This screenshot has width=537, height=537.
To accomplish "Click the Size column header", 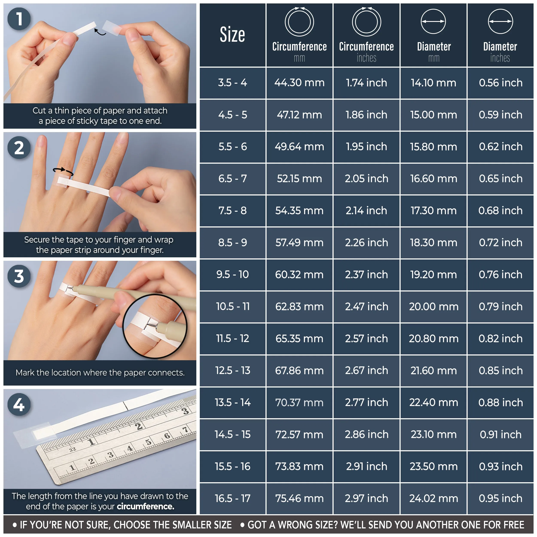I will point(232,35).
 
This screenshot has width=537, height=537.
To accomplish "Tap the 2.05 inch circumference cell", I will point(366,179).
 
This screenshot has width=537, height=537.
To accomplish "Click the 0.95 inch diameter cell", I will point(500,498).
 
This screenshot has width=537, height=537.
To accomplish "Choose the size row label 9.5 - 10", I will point(232,275).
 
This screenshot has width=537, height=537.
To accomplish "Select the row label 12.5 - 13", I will point(232,371).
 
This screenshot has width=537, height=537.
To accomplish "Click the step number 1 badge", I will point(19,19).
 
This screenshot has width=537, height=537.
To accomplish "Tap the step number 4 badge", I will point(19,405).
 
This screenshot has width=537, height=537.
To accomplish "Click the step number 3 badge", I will point(19,276).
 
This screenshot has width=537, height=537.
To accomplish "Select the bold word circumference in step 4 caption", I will point(145,507).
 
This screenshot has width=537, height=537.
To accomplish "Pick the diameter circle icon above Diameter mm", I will point(433,21).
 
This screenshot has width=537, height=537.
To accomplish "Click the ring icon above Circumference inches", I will point(366,22).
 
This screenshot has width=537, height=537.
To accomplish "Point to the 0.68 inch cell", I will point(500,211).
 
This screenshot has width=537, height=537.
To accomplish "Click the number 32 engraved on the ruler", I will point(73,449).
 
